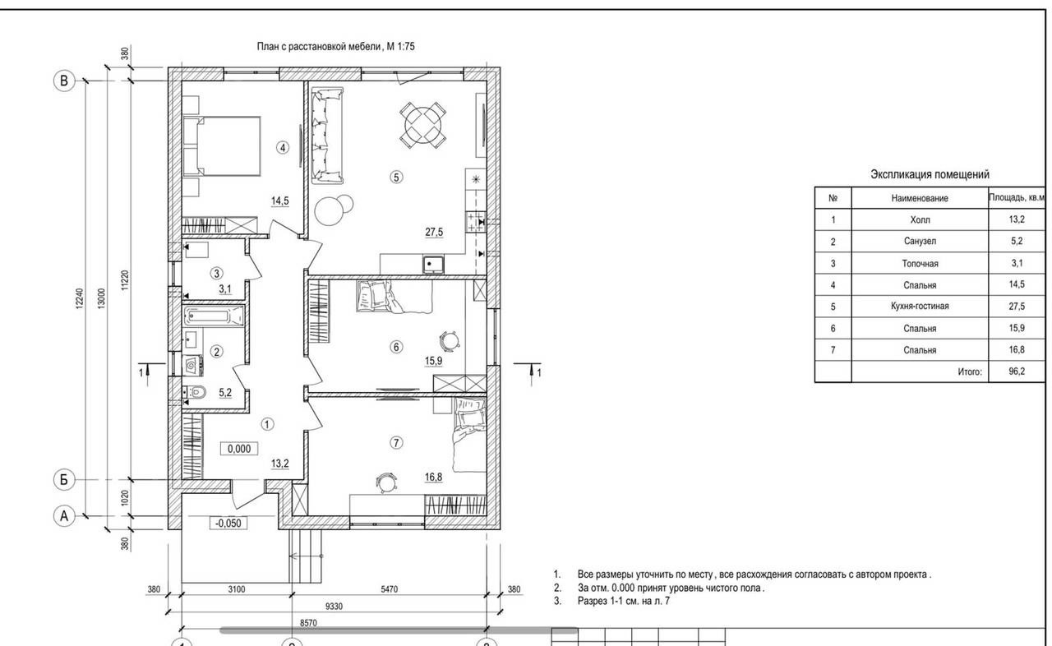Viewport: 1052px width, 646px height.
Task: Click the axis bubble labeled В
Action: point(64,81)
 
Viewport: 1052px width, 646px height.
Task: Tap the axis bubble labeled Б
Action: point(64,480)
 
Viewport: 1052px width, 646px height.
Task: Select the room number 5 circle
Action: point(396,177)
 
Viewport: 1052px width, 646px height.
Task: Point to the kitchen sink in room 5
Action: point(433,265)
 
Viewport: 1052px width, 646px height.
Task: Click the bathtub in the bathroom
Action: point(215,316)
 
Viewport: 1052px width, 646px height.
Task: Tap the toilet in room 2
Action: point(194,391)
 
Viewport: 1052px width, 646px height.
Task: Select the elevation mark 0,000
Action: point(239,449)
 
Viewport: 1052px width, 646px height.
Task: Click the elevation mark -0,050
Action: point(228,523)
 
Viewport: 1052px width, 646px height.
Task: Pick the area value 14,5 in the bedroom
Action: point(280,201)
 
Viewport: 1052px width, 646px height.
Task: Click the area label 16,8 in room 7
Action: point(433,478)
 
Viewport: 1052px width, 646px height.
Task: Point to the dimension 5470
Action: point(390,588)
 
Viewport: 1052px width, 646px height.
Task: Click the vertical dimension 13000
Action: point(102,298)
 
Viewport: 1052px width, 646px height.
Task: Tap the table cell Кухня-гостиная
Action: point(920,306)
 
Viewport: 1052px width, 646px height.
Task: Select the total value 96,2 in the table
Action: point(1017,371)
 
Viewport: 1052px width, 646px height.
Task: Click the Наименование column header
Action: point(920,198)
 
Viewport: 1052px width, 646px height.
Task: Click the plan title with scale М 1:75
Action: point(335,47)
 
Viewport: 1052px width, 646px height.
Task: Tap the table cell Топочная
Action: point(920,263)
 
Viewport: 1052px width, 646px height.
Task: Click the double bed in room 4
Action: point(222,146)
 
